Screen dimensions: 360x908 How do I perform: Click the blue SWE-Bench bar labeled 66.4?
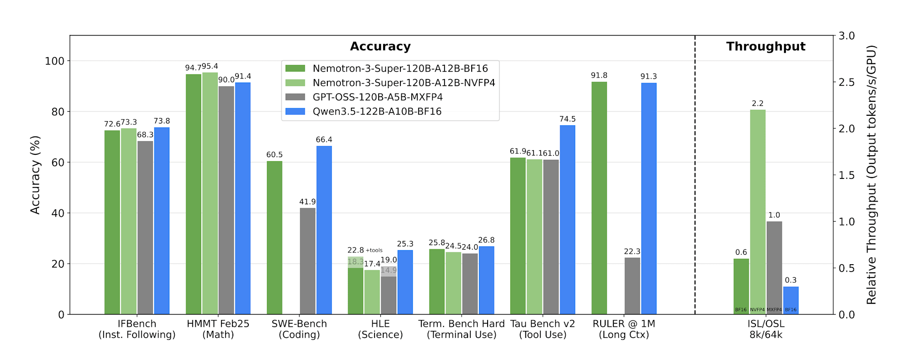point(324,230)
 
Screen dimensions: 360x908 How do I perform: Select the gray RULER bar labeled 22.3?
point(632,286)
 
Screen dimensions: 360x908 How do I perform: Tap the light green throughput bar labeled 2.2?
point(758,212)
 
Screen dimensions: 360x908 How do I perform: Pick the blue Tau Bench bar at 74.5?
point(567,219)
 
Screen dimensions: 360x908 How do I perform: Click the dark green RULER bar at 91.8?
point(599,198)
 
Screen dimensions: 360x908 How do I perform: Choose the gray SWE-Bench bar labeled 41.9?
point(307,261)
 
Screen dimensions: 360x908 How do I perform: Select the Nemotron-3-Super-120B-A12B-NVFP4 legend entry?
point(390,83)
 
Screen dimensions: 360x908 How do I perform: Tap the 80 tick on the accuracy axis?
point(58,112)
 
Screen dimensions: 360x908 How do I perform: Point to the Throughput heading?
point(765,47)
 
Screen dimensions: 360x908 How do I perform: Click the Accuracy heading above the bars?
point(380,47)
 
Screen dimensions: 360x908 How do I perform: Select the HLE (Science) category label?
point(380,329)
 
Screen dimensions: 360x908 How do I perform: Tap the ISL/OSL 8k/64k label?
point(766,329)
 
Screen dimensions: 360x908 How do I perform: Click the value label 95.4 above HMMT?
point(210,66)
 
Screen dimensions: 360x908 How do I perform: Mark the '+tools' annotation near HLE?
point(374,250)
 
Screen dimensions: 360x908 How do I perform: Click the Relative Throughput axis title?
point(871,175)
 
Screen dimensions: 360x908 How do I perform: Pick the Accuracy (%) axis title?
point(35,175)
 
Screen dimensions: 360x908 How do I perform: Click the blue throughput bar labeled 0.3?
point(791,300)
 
